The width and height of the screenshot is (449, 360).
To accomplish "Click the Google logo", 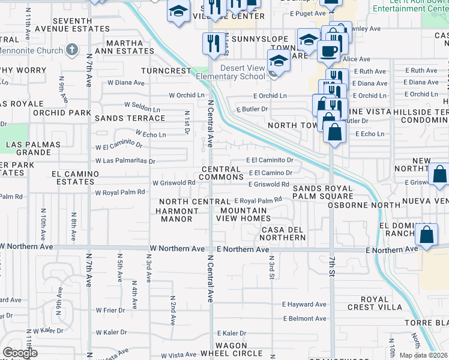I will (20, 353).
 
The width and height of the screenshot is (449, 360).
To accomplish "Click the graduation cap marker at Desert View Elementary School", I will (278, 62).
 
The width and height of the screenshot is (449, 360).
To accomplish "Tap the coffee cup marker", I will (328, 51).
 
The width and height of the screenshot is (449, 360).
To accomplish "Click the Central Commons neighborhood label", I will (220, 173).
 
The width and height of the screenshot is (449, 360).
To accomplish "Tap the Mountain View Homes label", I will (243, 215).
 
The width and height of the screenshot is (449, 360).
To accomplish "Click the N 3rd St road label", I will (271, 262).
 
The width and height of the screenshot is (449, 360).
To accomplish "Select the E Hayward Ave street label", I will (305, 305).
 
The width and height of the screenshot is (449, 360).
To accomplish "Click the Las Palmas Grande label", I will (33, 148).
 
